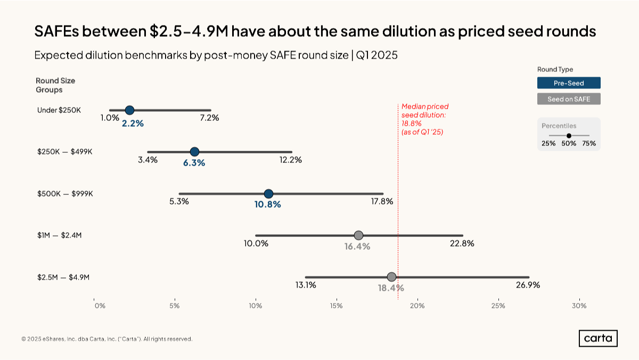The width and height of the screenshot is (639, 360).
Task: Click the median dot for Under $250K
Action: (x=129, y=110)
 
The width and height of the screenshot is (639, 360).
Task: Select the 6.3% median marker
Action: (x=194, y=152)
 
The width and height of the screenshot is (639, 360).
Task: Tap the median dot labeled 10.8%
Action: (x=268, y=193)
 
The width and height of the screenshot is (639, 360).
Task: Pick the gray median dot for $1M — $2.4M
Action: (x=358, y=235)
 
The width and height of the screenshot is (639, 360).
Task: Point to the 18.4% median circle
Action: (x=391, y=277)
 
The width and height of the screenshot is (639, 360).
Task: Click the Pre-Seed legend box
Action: (x=569, y=83)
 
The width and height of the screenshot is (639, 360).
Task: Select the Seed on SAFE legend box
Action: (x=569, y=99)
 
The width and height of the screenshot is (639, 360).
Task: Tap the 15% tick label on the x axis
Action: (x=336, y=306)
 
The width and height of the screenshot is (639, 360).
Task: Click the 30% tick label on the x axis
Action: (x=579, y=306)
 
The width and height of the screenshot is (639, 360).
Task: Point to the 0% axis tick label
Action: (x=100, y=306)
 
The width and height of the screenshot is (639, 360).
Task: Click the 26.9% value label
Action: (x=528, y=285)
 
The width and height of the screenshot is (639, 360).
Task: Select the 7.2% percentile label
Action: (x=209, y=118)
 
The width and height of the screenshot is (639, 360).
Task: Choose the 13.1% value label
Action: (x=306, y=285)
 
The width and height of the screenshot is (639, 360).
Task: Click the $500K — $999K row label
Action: (x=65, y=194)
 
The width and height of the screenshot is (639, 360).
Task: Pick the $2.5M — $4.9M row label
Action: (x=63, y=277)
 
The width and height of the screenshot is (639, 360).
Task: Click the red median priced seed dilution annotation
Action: (x=424, y=119)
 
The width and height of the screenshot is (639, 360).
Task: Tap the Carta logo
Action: (x=598, y=339)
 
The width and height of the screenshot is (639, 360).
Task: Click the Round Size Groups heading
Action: (x=55, y=85)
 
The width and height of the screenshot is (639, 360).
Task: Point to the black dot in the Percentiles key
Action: (x=569, y=136)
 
